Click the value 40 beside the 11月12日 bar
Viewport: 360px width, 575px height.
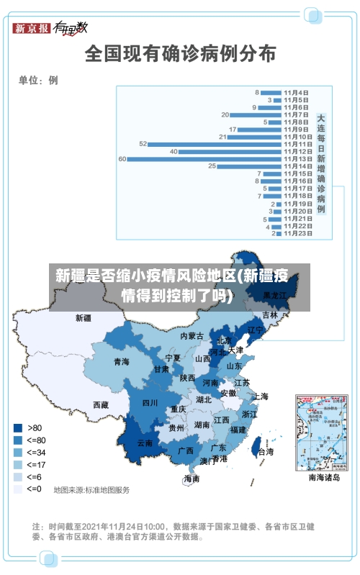pyautogui.click(x=174, y=151)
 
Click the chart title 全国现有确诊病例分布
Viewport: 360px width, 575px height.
pyautogui.click(x=180, y=53)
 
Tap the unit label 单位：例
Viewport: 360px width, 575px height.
pyautogui.click(x=38, y=81)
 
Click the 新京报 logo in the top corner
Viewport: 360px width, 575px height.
pyautogui.click(x=32, y=28)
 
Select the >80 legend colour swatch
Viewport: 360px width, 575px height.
pyautogui.click(x=17, y=427)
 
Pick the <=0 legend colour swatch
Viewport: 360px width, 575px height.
pyautogui.click(x=17, y=489)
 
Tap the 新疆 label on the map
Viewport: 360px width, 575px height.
pyautogui.click(x=84, y=317)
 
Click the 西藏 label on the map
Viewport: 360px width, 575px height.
pyautogui.click(x=101, y=405)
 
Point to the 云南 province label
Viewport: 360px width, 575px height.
pyautogui.click(x=145, y=443)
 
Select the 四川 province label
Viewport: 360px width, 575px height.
pyautogui.click(x=150, y=403)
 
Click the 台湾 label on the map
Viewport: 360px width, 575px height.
pyautogui.click(x=266, y=452)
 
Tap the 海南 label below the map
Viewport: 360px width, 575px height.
pyautogui.click(x=192, y=478)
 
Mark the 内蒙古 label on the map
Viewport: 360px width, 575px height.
pyautogui.click(x=192, y=336)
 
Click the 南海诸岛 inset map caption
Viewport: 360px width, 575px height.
pyautogui.click(x=324, y=476)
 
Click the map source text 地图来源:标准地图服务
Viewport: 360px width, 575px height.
pyautogui.click(x=91, y=490)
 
